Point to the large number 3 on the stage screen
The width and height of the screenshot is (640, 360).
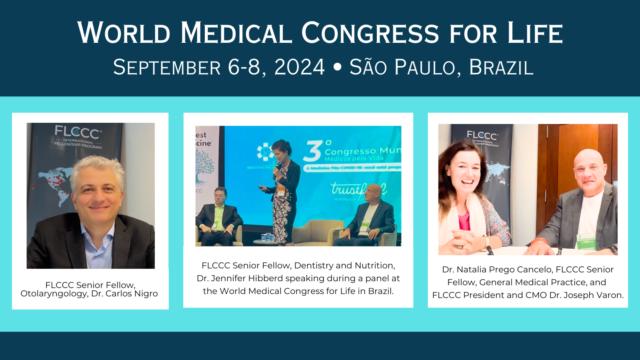click(312, 150)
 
